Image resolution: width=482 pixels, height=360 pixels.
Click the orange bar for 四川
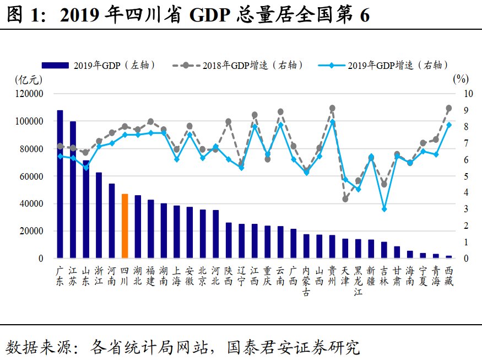tap(124, 226)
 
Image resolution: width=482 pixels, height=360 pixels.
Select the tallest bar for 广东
tap(60, 184)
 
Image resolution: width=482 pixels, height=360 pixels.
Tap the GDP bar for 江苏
tap(73, 190)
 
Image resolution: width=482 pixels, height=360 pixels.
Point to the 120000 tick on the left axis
tap(29, 94)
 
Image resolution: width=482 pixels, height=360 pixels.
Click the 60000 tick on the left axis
tap(31, 176)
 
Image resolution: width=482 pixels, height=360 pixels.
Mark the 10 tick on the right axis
tap(467, 94)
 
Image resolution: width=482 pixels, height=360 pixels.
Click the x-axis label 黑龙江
tap(359, 281)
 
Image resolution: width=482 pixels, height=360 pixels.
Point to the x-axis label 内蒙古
tap(307, 281)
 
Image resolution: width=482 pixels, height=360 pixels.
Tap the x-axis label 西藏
tap(449, 276)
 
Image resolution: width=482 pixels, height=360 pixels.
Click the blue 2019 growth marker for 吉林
tap(384, 209)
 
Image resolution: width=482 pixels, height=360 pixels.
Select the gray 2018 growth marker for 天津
tap(345, 198)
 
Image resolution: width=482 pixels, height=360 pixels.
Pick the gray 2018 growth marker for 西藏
tap(449, 108)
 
